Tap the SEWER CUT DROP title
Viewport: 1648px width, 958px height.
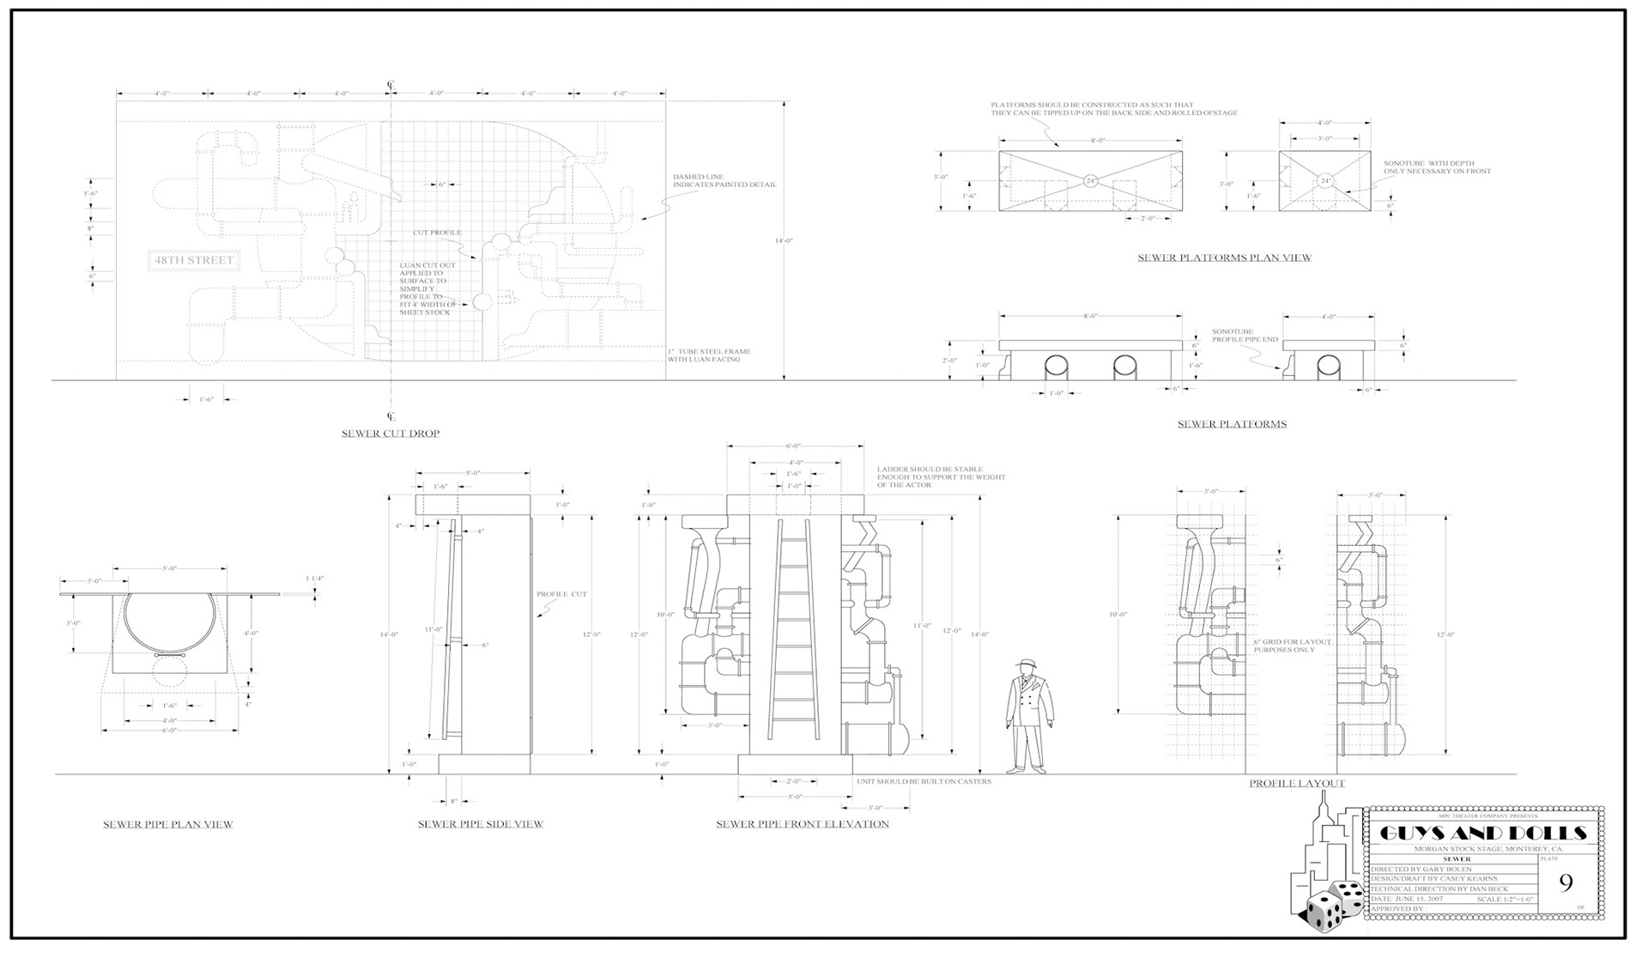391,434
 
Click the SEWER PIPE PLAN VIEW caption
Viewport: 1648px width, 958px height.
168,824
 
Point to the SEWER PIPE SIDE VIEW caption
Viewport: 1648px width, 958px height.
481,824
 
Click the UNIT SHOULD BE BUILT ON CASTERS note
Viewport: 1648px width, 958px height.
924,781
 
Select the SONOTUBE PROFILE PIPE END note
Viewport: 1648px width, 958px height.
1245,336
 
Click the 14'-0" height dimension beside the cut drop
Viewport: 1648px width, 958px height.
784,241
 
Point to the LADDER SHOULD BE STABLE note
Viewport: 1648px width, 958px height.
941,477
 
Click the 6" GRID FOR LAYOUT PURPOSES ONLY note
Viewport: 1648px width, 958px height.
1292,646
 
